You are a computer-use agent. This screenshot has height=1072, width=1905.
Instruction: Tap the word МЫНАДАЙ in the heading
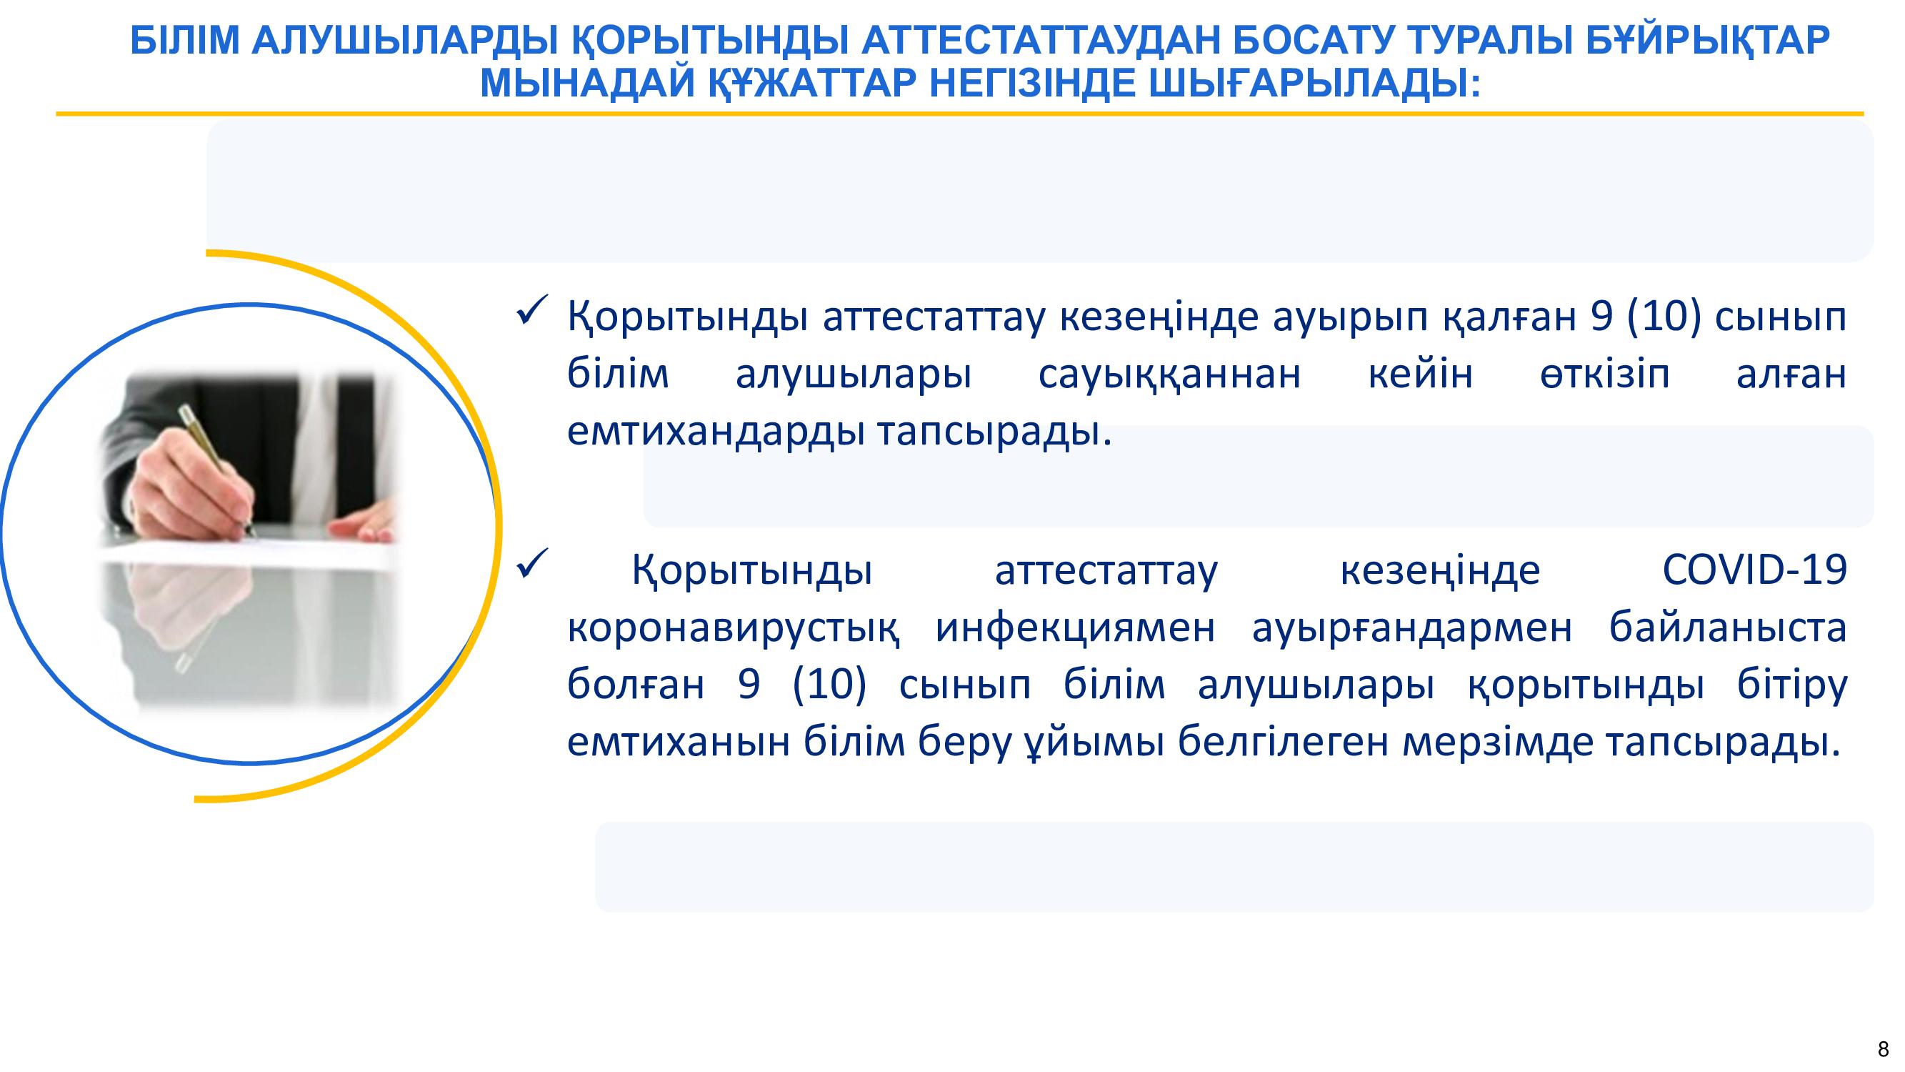pos(587,83)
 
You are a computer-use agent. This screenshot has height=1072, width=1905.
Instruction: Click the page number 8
pos(1883,1049)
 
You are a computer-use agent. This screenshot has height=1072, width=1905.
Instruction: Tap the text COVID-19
pos(1755,570)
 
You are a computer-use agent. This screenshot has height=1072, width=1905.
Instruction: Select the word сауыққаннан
pos(1169,374)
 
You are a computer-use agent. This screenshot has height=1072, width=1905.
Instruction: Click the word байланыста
pos(1728,627)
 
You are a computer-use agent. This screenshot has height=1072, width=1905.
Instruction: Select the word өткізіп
pos(1605,374)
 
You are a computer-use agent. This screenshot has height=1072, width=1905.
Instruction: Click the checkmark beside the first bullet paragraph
pos(531,310)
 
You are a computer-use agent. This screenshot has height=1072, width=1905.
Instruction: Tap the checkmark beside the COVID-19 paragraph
pos(531,564)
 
